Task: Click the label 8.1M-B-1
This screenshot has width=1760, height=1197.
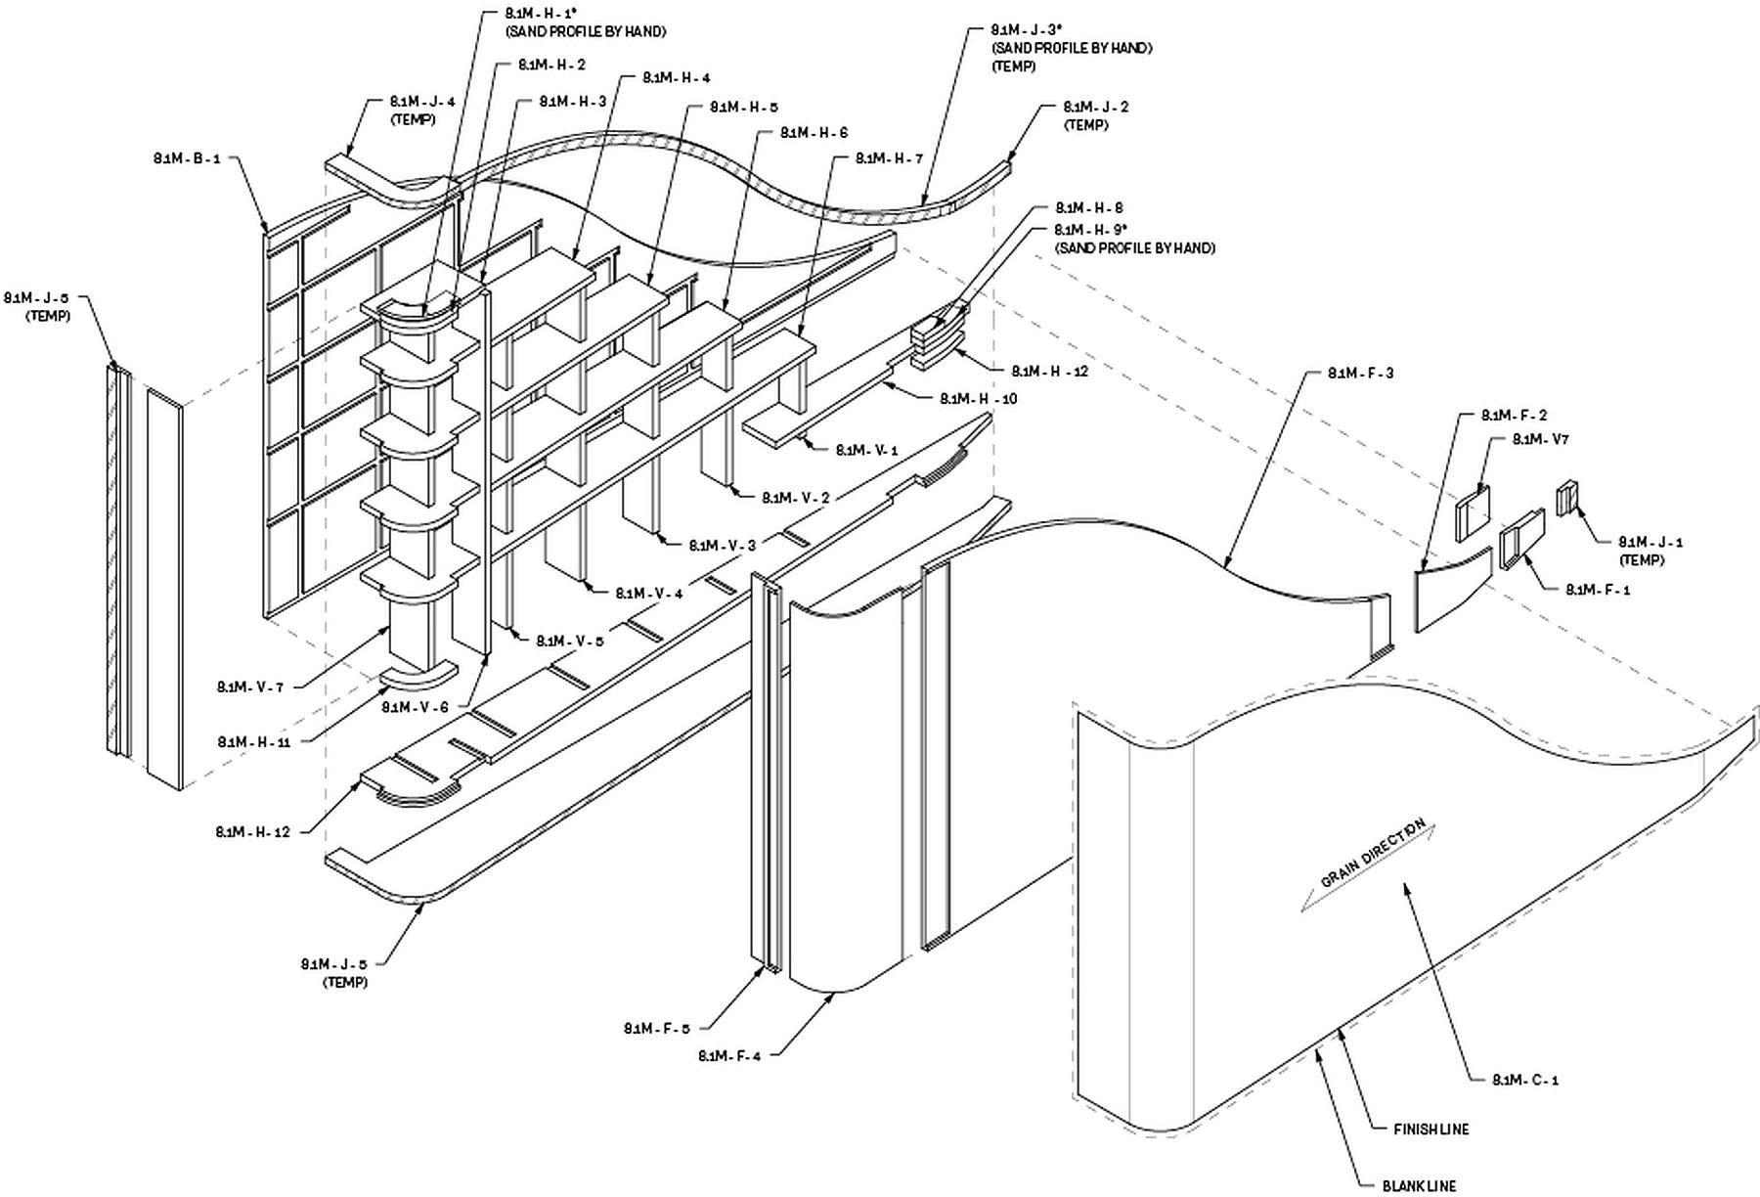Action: coord(187,158)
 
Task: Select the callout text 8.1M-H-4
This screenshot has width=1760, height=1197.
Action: coord(676,78)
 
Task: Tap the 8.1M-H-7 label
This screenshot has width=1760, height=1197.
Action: coord(889,158)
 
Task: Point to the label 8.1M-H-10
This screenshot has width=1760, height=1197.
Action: coord(979,399)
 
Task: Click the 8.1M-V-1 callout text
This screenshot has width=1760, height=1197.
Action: coord(866,450)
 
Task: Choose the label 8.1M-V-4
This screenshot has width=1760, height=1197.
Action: coord(648,594)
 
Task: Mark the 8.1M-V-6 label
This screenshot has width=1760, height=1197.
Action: coord(415,706)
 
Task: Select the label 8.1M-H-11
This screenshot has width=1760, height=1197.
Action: coord(254,742)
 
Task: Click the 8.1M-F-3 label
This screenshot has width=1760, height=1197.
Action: coord(1360,374)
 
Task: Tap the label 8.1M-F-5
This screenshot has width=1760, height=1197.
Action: coord(657,1028)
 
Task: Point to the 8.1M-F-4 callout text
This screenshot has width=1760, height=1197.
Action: coord(729,1056)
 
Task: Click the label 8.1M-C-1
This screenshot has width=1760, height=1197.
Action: coord(1525,1080)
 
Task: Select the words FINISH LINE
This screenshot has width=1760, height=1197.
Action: coord(1430,1130)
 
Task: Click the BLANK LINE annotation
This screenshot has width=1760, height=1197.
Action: coord(1419,1186)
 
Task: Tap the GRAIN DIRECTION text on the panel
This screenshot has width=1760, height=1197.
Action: coord(1372,853)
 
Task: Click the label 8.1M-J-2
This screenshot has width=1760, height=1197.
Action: coord(1095,108)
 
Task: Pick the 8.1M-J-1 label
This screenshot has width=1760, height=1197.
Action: coord(1650,542)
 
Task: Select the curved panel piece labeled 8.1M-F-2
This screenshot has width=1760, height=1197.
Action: coord(1452,591)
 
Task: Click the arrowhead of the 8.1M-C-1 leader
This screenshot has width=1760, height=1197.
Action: coord(1405,885)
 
